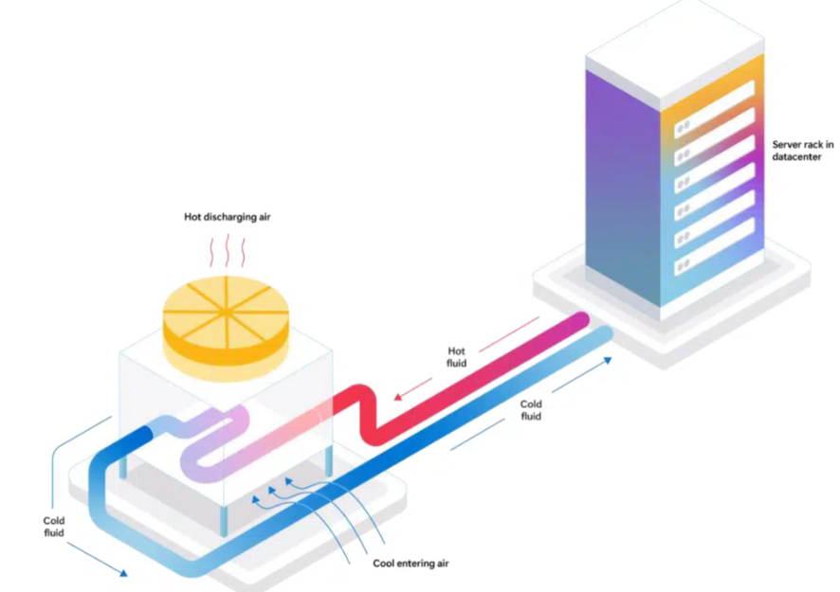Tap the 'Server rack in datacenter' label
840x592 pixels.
coord(802,150)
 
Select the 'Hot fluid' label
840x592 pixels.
coord(458,356)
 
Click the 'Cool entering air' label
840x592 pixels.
coord(411,564)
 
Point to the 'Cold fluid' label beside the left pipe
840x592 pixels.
coord(54,527)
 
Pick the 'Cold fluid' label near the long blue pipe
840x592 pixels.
coord(532,409)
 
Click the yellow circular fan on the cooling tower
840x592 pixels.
coord(226,310)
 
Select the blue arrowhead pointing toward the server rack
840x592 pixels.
coord(605,360)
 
